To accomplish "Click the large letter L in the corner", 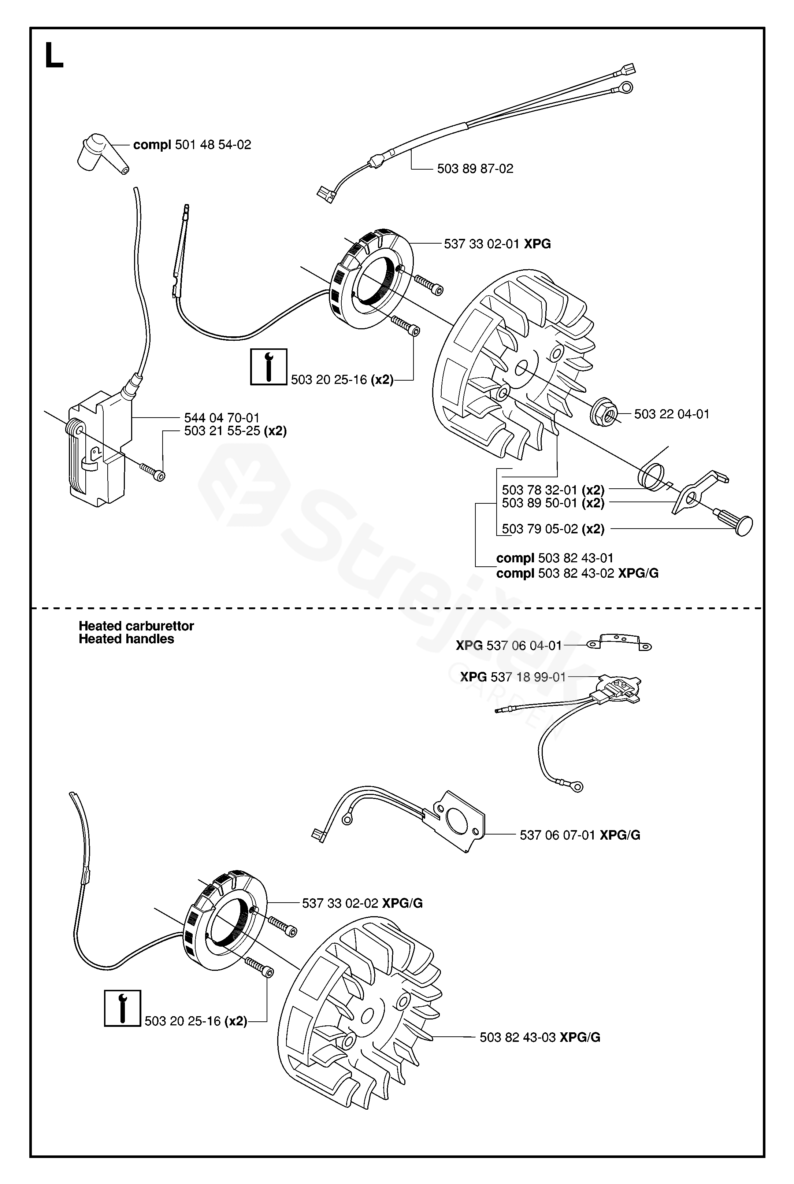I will pyautogui.click(x=54, y=55).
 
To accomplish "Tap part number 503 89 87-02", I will pyautogui.click(x=475, y=169).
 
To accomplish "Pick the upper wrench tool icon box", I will pyautogui.click(x=269, y=367).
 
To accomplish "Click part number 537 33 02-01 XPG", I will pyautogui.click(x=497, y=244).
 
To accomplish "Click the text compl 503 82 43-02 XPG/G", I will pyautogui.click(x=577, y=573).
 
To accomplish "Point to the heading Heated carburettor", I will pyautogui.click(x=136, y=626).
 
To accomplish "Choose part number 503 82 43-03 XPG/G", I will pyautogui.click(x=540, y=1037).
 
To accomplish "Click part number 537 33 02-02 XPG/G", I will pyautogui.click(x=362, y=903).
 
